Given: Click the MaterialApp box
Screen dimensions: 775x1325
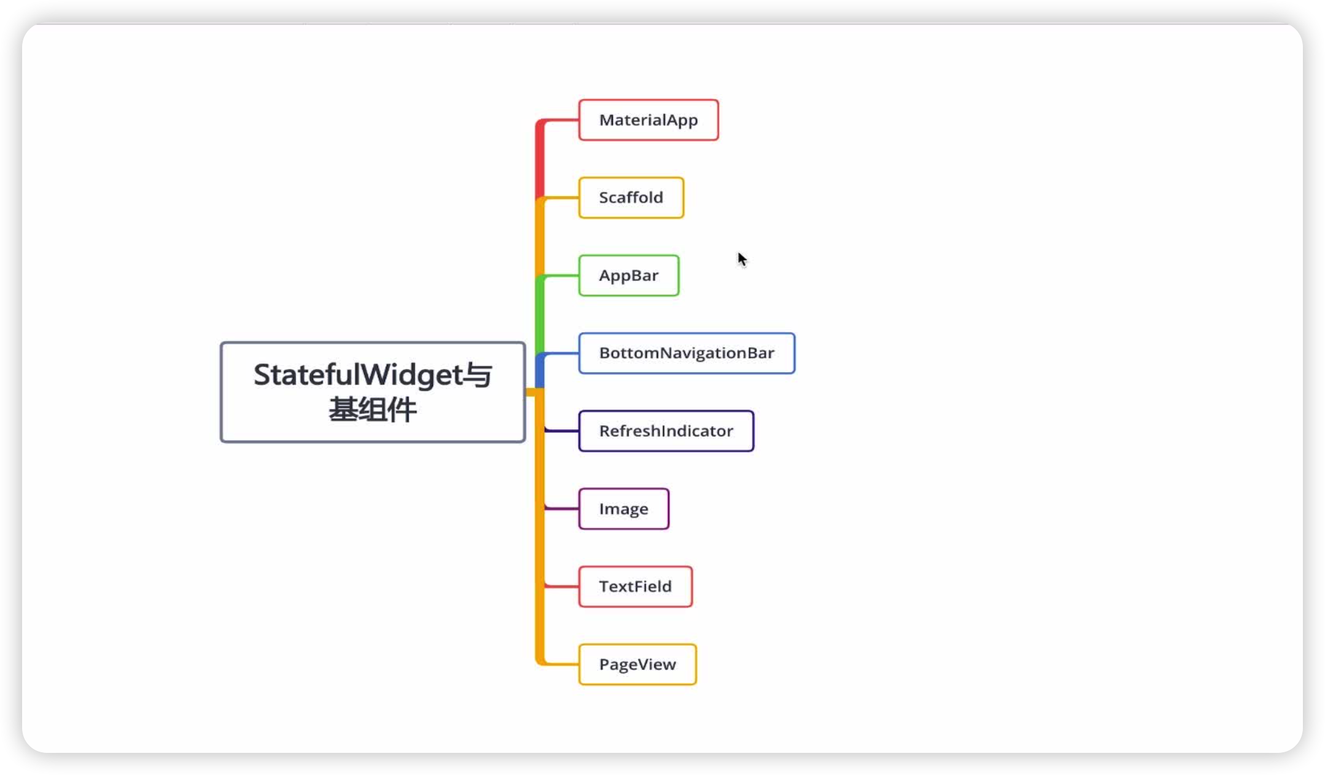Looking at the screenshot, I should pyautogui.click(x=648, y=120).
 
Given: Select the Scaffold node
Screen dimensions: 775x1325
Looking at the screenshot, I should pyautogui.click(x=631, y=198).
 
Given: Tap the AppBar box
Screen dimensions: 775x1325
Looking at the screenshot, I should pyautogui.click(x=629, y=276).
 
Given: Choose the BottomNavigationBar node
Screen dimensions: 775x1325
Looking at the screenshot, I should pyautogui.click(x=686, y=353).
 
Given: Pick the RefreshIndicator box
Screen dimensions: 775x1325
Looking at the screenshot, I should pyautogui.click(x=666, y=431).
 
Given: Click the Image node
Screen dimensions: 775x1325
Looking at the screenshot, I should pyautogui.click(x=624, y=509).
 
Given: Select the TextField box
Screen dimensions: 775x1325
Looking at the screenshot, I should pyautogui.click(x=635, y=586).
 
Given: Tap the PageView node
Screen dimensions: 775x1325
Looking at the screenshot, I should pyautogui.click(x=637, y=664).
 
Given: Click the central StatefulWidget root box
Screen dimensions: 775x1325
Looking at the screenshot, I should pyautogui.click(x=373, y=392).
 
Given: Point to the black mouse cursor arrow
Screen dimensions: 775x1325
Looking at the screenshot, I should pyautogui.click(x=742, y=259).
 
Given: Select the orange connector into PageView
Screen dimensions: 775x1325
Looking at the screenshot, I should pyautogui.click(x=560, y=664).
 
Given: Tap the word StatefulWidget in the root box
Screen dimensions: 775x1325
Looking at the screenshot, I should pyautogui.click(x=357, y=375).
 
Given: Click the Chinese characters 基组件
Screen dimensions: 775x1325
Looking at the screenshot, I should pyautogui.click(x=373, y=410).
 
